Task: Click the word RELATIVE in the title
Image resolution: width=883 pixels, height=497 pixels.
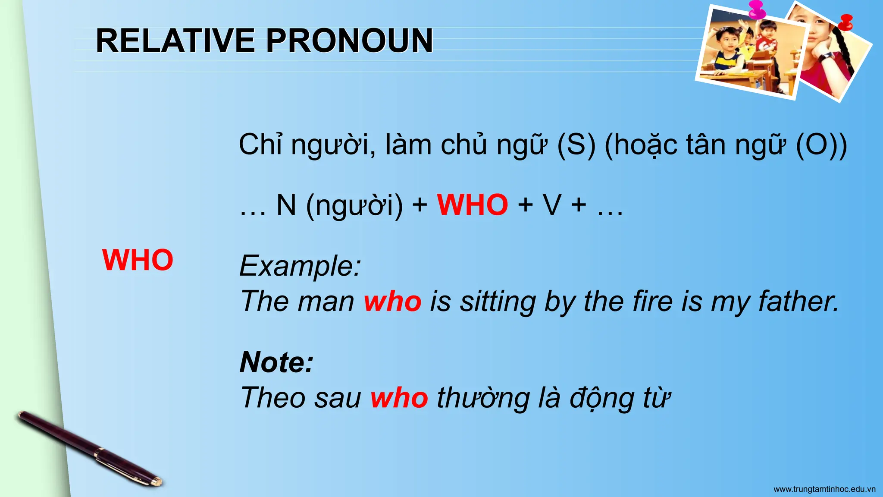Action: [175, 41]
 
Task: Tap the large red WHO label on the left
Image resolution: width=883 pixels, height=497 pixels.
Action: [138, 260]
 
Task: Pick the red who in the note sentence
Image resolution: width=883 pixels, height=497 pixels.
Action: [399, 397]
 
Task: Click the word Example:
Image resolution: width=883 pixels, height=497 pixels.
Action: [300, 266]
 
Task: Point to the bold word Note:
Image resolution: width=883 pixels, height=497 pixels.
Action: [276, 362]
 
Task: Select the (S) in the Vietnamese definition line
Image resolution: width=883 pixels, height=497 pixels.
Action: [576, 145]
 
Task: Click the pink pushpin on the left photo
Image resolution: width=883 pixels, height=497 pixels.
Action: [757, 9]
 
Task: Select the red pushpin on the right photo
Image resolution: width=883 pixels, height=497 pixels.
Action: [846, 22]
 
